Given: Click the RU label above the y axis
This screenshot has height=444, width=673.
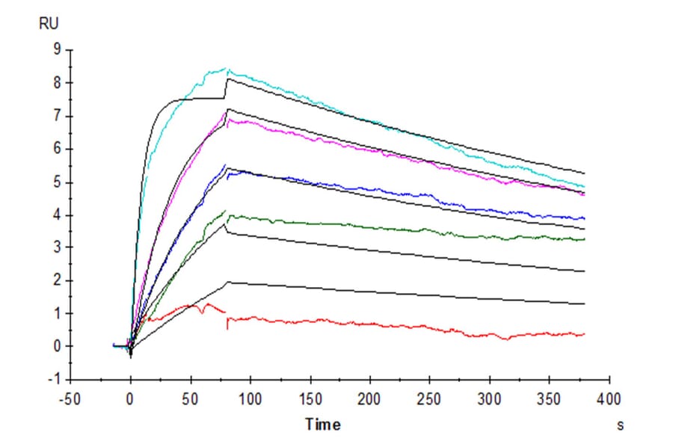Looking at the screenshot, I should point(47,23).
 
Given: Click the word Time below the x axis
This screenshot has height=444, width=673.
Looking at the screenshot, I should point(323,425).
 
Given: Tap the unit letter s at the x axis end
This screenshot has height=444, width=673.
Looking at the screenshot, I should point(620,425).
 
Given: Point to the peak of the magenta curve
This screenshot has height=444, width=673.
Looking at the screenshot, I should point(226,111).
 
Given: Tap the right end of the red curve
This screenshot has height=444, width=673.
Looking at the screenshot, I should point(584,334).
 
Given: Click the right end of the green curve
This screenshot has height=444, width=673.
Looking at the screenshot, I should point(584,239).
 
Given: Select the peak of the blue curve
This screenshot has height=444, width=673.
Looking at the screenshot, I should point(226,165).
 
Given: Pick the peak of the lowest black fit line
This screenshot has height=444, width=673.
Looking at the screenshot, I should point(227,282).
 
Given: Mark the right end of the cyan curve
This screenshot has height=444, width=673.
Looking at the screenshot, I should point(584,186).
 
